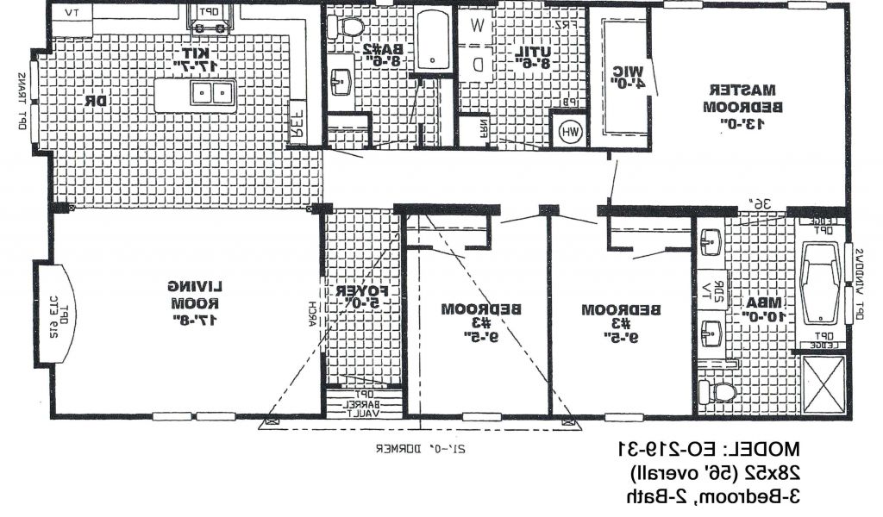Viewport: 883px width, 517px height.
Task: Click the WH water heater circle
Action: pyautogui.click(x=570, y=132)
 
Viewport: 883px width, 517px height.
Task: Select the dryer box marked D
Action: pyautogui.click(x=476, y=62)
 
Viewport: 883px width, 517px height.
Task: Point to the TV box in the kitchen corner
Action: pyautogui.click(x=72, y=14)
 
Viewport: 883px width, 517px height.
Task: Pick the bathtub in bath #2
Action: pyautogui.click(x=433, y=40)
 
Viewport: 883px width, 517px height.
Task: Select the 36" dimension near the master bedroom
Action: pyautogui.click(x=760, y=203)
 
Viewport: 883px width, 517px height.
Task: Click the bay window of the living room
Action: pyautogui.click(x=46, y=311)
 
